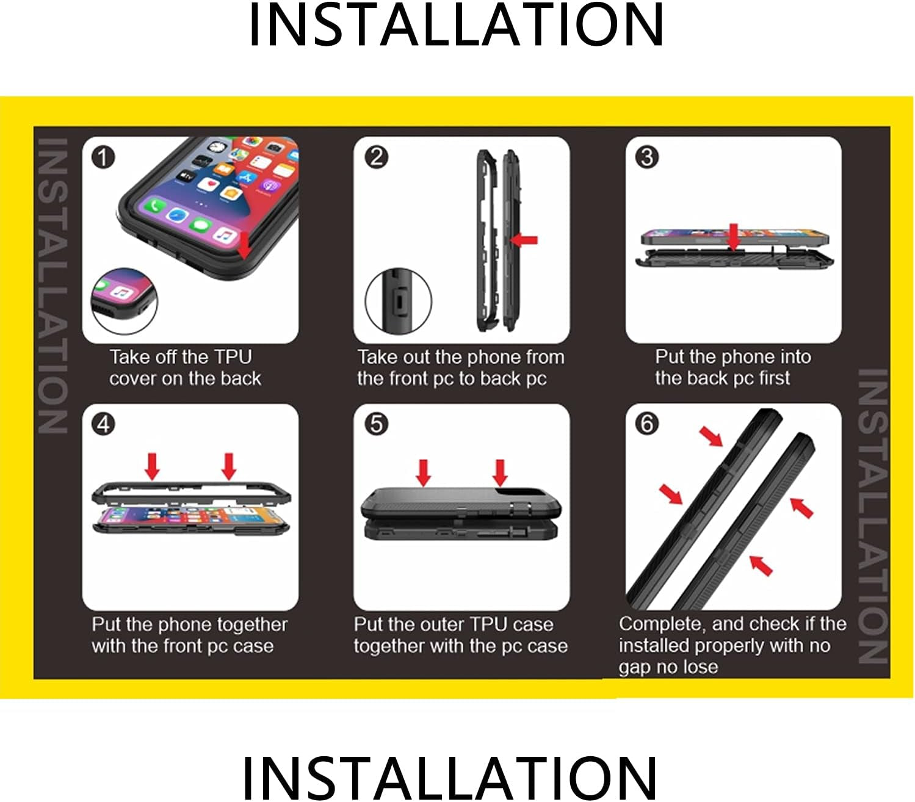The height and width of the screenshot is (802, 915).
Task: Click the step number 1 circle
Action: tap(103, 157)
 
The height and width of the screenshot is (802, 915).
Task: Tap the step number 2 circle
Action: tap(376, 157)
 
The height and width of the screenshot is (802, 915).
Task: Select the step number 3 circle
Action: tap(647, 157)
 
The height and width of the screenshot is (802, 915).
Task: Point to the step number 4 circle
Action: tap(103, 424)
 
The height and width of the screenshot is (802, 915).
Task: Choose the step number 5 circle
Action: tap(376, 424)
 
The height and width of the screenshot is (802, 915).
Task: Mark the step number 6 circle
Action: tap(647, 424)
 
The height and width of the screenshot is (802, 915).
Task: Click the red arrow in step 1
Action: tap(244, 245)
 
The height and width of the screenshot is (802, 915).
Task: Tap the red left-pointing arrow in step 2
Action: tap(524, 240)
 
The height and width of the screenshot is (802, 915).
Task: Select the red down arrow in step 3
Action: tap(734, 237)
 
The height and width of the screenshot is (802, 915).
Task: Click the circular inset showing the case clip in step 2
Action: tap(398, 301)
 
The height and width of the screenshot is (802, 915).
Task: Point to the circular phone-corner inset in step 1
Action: tap(124, 301)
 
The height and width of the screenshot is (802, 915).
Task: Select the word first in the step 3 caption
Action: tap(774, 378)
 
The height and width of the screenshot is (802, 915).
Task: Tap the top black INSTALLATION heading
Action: tap(456, 24)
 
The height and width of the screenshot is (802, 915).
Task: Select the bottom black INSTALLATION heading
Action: tap(450, 778)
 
